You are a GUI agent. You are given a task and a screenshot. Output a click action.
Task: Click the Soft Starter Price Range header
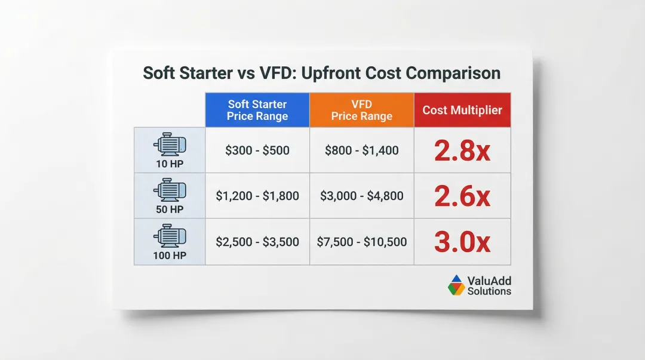pyautogui.click(x=257, y=110)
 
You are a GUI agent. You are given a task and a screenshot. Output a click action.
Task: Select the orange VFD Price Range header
pyautogui.click(x=361, y=110)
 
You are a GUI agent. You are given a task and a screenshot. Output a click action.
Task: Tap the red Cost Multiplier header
pyautogui.click(x=462, y=110)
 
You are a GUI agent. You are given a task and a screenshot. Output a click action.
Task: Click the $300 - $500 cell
pyautogui.click(x=257, y=150)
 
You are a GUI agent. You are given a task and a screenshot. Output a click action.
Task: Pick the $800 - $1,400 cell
pyautogui.click(x=361, y=150)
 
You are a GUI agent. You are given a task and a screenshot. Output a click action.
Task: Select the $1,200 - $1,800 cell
pyautogui.click(x=257, y=196)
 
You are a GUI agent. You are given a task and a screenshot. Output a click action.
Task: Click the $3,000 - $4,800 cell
pyautogui.click(x=361, y=196)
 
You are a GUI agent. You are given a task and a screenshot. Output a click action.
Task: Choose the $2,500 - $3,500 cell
pyautogui.click(x=257, y=242)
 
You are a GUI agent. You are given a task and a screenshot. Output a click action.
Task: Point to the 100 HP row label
pyautogui.click(x=170, y=256)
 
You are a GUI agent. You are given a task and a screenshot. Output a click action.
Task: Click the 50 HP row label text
pyautogui.click(x=170, y=210)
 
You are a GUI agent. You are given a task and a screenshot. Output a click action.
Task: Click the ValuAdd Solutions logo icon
pyautogui.click(x=456, y=285)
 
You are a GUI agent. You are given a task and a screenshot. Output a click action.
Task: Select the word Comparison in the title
pyautogui.click(x=453, y=73)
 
